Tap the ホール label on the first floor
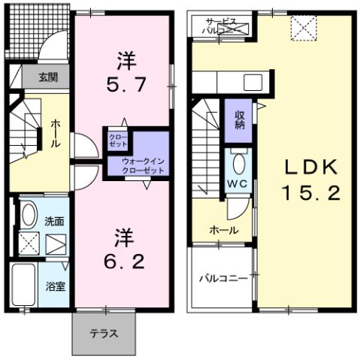click(x=56, y=134)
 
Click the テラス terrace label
click(x=104, y=333)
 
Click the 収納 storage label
click(x=239, y=120)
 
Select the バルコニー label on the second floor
click(x=222, y=278)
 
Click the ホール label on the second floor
click(x=224, y=230)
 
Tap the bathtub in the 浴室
click(x=27, y=286)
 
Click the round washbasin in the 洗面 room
click(x=27, y=216)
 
